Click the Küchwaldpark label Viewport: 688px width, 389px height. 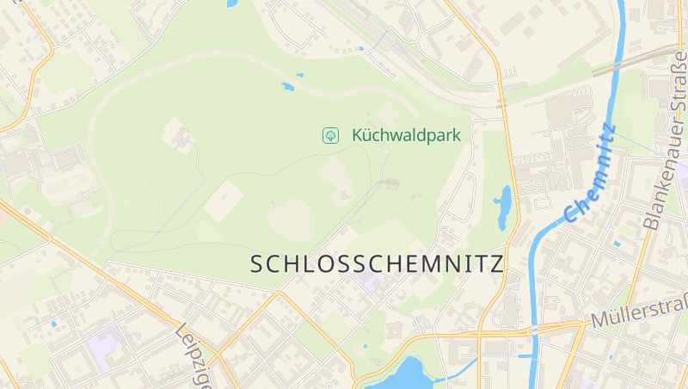pyautogui.click(x=406, y=135)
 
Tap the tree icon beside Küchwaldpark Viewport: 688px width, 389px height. pyautogui.click(x=329, y=135)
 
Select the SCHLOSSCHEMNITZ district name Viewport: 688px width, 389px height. pyautogui.click(x=377, y=263)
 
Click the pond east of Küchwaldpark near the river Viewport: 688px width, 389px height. pyautogui.click(x=502, y=207)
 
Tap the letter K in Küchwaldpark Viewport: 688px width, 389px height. pyautogui.click(x=357, y=135)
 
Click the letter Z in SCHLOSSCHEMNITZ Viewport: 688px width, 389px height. pyautogui.click(x=495, y=263)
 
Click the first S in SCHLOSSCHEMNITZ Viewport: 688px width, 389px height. pyautogui.click(x=257, y=263)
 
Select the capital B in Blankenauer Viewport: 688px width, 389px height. pyautogui.click(x=650, y=223)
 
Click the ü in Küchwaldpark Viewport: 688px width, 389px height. pyautogui.click(x=367, y=135)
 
